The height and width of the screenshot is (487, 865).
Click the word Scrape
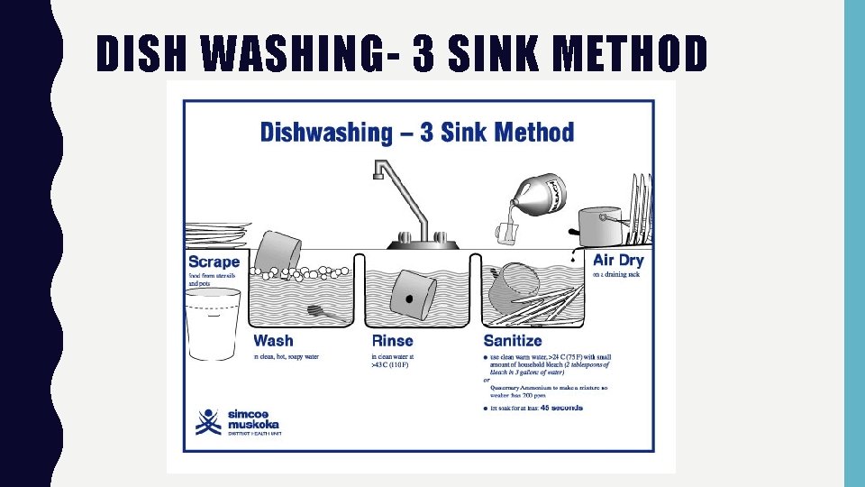(214, 262)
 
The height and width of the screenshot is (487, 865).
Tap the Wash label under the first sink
(273, 341)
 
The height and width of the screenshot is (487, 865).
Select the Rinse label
(392, 341)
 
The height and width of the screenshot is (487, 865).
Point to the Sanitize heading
(513, 341)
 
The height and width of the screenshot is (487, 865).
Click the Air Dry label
(618, 260)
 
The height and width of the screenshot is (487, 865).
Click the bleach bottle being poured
(538, 194)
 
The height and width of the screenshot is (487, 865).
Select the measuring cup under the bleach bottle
(505, 233)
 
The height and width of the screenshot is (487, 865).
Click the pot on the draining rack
(599, 225)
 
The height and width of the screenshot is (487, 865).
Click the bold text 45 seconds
(561, 408)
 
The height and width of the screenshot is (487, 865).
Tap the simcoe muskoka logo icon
(208, 421)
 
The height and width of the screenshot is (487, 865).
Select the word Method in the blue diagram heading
(533, 133)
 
